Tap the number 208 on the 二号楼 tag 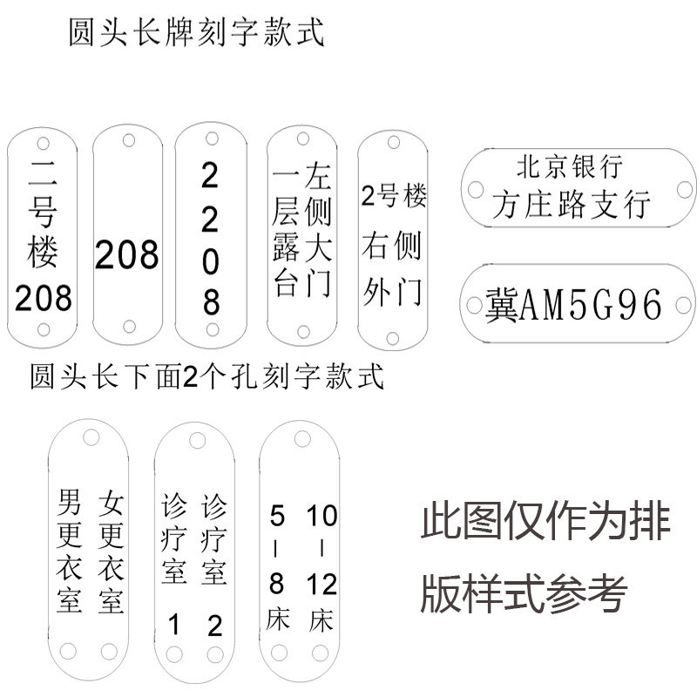[x=44, y=298]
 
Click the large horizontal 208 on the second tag [x=127, y=255]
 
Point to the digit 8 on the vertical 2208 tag [x=211, y=302]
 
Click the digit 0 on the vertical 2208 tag [x=211, y=261]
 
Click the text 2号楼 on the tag [x=394, y=197]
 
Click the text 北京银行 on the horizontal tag [x=570, y=165]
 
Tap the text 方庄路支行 [x=571, y=205]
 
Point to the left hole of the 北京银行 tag [x=476, y=187]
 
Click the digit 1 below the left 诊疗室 [x=173, y=624]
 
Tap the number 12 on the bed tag [x=322, y=584]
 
